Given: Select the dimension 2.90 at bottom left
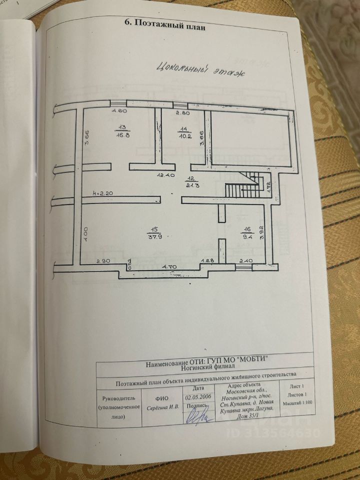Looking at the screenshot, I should (103, 261).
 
